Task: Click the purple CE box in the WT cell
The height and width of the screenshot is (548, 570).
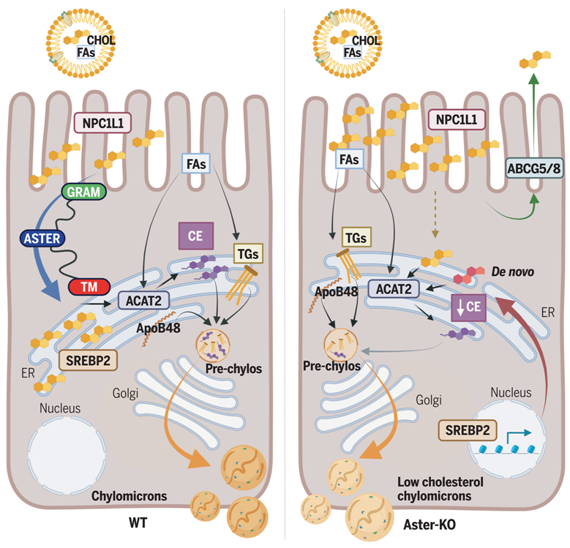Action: tap(195, 236)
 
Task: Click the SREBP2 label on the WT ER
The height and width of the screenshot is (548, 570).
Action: tap(87, 360)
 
